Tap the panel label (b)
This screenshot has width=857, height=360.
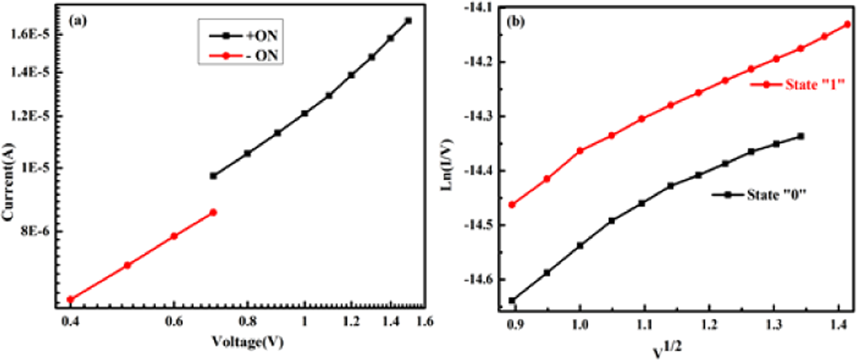tap(515, 21)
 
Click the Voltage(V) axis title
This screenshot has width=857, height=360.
tap(247, 342)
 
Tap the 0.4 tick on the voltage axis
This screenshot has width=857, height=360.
tap(70, 321)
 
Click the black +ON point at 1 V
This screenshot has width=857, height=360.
tap(305, 113)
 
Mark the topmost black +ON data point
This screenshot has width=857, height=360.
tap(408, 21)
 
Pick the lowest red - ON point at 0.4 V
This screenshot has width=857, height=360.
tap(71, 300)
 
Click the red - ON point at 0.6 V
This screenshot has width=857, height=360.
tap(174, 236)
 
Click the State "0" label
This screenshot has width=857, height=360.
tap(776, 194)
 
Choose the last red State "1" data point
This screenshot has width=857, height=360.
tap(847, 24)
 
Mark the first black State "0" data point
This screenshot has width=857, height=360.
tap(512, 301)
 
